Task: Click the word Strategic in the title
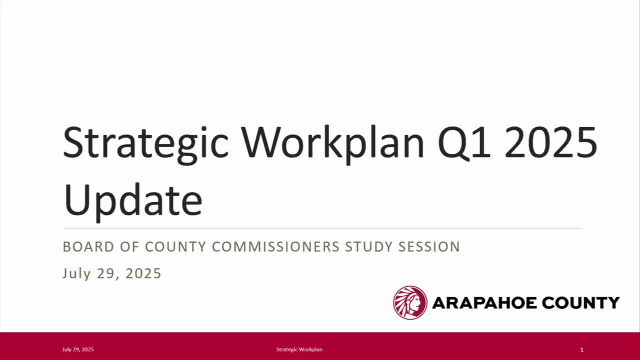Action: click(x=145, y=143)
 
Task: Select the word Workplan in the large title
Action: click(x=332, y=143)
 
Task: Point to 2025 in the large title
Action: click(x=550, y=143)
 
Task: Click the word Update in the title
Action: click(x=133, y=199)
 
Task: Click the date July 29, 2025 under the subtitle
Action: click(x=112, y=273)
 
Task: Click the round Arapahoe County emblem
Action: click(x=410, y=302)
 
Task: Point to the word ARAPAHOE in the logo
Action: click(x=484, y=302)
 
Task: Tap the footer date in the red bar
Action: click(x=78, y=349)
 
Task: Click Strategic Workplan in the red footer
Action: click(x=299, y=349)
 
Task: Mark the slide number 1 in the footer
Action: click(x=581, y=350)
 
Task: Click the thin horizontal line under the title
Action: click(x=322, y=228)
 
